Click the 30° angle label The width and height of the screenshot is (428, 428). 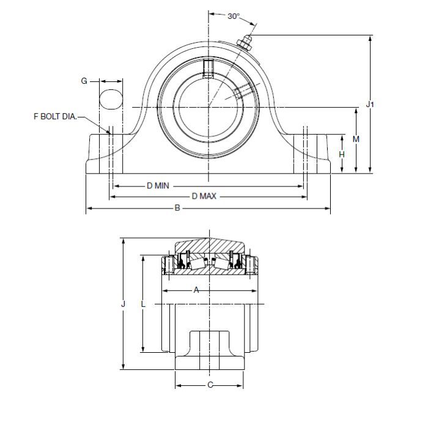234,17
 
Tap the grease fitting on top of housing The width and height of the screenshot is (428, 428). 245,43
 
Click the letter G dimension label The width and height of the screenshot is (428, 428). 85,80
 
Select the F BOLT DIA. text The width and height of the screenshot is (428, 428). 56,116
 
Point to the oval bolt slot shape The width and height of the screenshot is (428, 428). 111,100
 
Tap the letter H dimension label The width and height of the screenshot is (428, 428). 342,154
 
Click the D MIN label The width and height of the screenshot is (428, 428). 157,185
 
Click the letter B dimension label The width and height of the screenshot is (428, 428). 177,208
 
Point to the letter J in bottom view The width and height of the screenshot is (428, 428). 123,304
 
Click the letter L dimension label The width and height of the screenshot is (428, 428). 142,304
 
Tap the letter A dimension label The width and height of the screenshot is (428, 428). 196,290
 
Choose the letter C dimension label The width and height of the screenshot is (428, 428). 210,385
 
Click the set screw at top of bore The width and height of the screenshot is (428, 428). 208,68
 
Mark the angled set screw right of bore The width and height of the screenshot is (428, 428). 242,91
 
